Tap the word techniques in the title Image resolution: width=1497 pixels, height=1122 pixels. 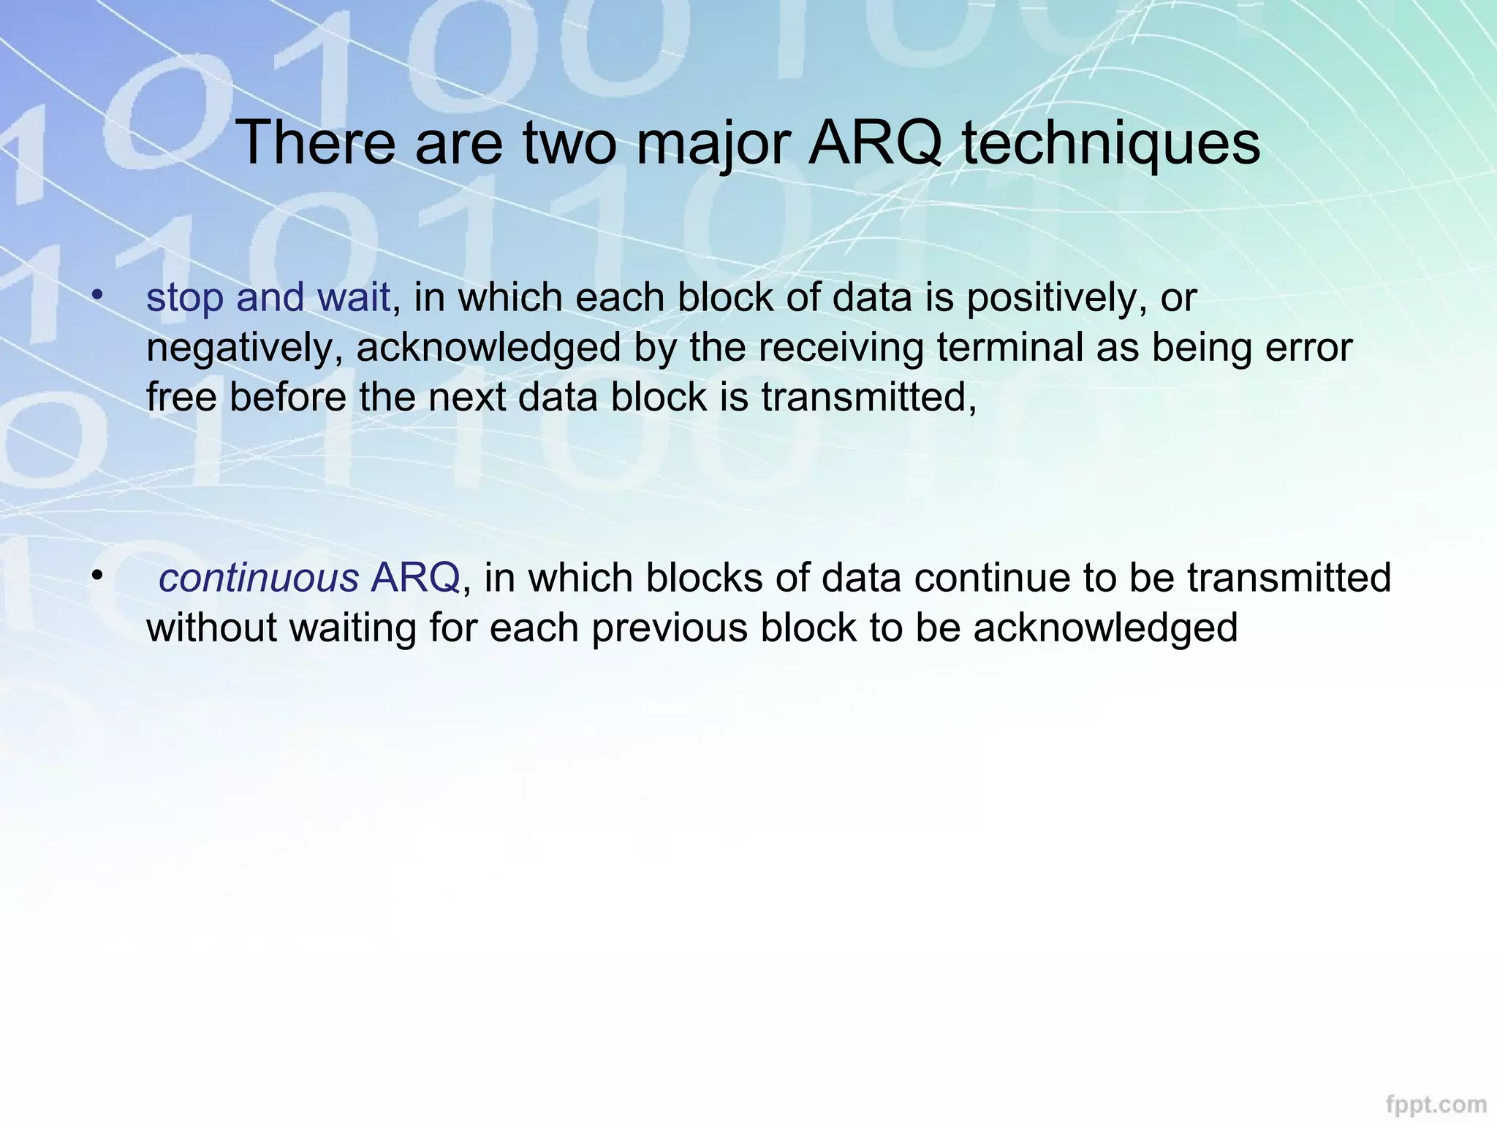[1111, 144]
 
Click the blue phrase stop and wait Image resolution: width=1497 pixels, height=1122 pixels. [268, 298]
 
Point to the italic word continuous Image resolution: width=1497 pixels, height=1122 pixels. [258, 579]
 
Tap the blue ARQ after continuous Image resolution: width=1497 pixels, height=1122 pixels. [415, 579]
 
